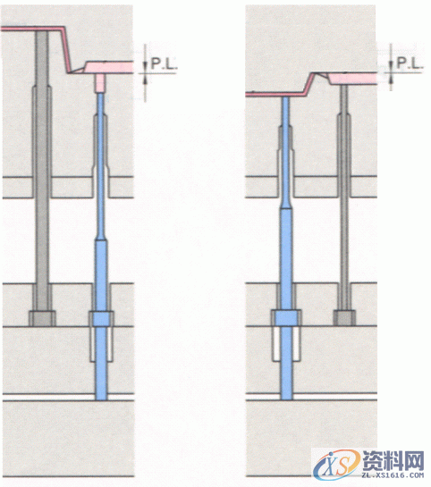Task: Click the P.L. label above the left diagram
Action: [x=164, y=64]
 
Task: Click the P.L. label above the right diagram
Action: [x=410, y=63]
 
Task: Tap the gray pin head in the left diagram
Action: [x=42, y=318]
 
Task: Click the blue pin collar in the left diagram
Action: [x=101, y=318]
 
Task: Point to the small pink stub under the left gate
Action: [x=100, y=83]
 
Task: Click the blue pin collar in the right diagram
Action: [x=286, y=318]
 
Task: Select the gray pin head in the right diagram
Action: [x=345, y=318]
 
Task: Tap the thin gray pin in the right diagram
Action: [x=344, y=197]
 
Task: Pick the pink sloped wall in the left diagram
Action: [x=66, y=50]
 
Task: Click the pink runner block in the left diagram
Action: [x=109, y=67]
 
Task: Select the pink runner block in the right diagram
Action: [x=352, y=78]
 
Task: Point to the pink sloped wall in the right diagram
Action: [x=308, y=83]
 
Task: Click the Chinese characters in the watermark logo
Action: [x=393, y=460]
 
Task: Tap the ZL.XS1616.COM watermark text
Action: [x=393, y=475]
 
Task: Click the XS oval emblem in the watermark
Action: [x=337, y=465]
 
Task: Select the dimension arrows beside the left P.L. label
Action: [x=145, y=73]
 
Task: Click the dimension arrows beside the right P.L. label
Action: [x=391, y=67]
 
